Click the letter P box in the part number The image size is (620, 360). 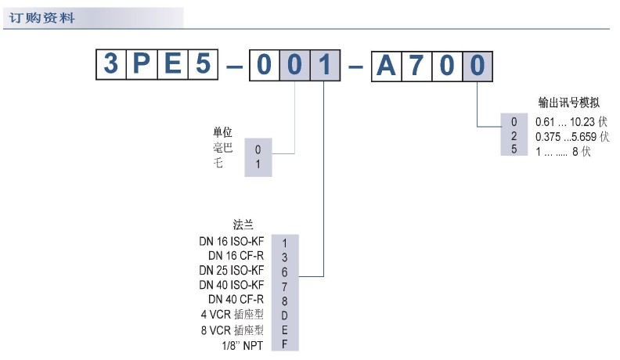(142, 64)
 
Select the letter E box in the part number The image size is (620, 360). (171, 64)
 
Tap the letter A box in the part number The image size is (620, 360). (387, 64)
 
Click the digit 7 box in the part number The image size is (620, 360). (416, 64)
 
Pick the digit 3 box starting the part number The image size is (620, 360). (111, 64)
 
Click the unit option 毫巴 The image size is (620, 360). (222, 148)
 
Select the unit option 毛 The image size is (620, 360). (218, 164)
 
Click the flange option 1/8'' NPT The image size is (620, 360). (241, 344)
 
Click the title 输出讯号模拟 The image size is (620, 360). (568, 103)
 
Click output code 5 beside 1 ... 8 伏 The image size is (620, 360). (514, 151)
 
